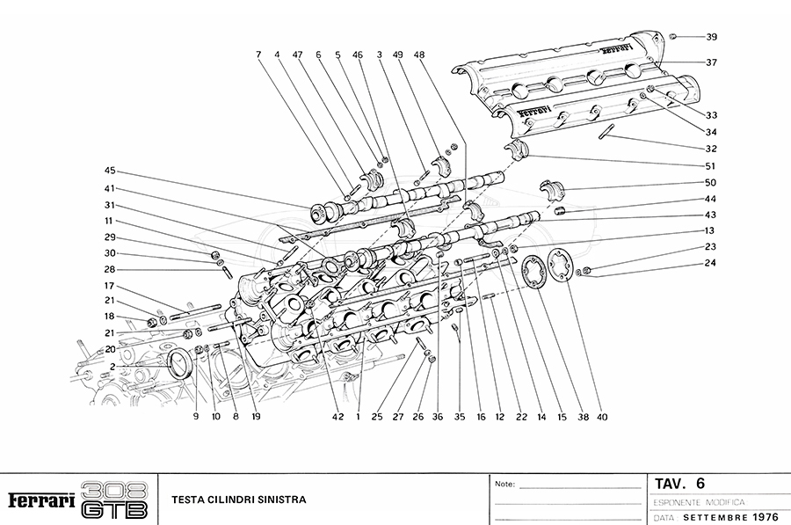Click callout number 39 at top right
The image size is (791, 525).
(712, 37)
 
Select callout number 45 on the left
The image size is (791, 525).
(110, 171)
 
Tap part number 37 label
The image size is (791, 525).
(712, 62)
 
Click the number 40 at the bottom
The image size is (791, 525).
(602, 417)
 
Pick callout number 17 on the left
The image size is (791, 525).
(110, 286)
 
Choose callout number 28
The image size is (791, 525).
(110, 269)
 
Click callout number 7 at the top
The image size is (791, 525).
(259, 55)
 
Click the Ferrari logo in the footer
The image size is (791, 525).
(40, 500)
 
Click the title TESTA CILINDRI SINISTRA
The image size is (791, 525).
(238, 500)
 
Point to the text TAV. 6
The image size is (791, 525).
(679, 484)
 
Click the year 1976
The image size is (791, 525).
(764, 517)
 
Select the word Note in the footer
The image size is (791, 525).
(504, 485)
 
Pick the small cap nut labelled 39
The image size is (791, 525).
(672, 36)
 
